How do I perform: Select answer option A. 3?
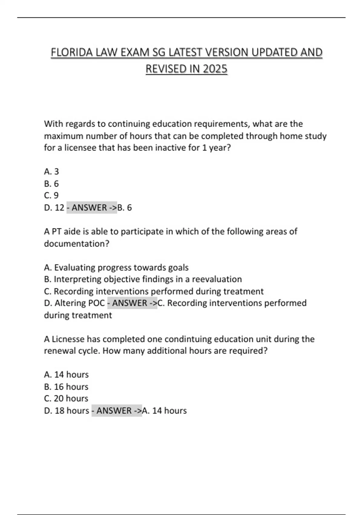[x=51, y=171]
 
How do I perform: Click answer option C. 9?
[x=51, y=195]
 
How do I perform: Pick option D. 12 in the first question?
[x=54, y=208]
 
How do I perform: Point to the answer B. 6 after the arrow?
[x=124, y=208]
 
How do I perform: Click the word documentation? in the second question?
[x=77, y=244]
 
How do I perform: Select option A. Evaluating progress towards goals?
[x=116, y=267]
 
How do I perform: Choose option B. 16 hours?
[x=66, y=387]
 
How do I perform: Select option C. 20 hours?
[x=66, y=399]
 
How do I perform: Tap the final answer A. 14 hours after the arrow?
[x=164, y=411]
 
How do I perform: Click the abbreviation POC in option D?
[x=96, y=303]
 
